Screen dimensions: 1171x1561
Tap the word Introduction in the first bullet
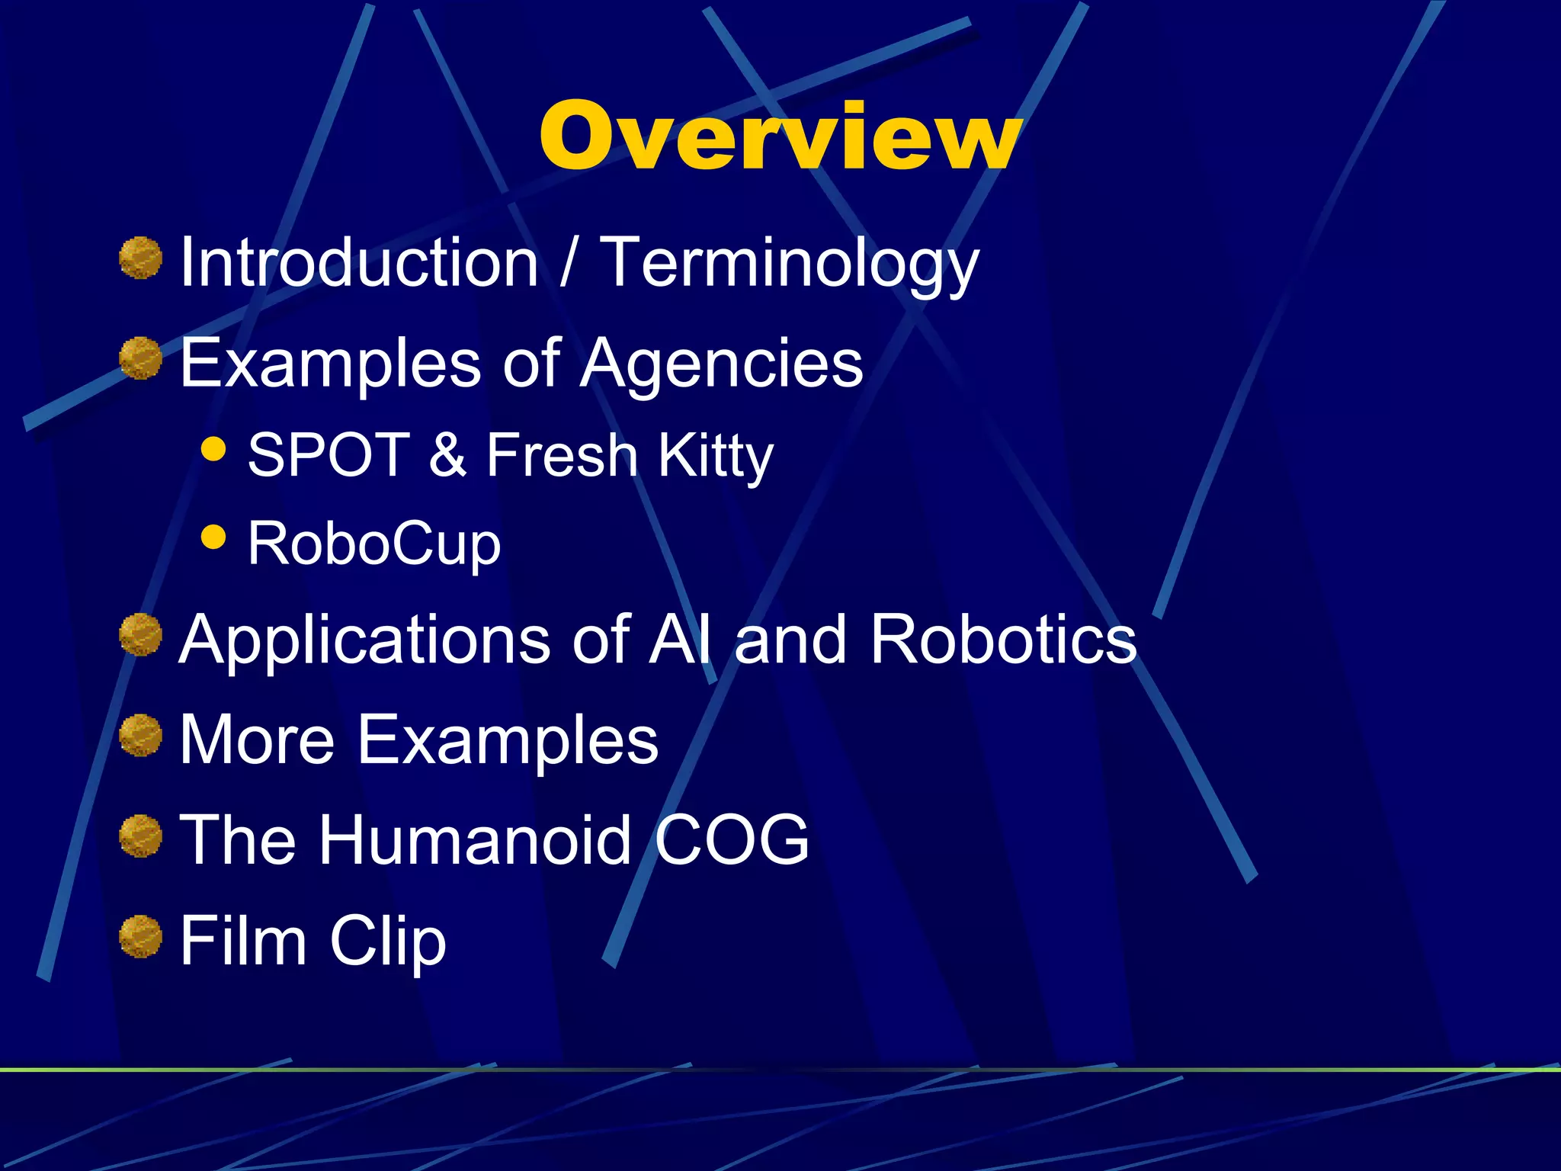tap(359, 262)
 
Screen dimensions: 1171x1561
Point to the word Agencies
tap(721, 364)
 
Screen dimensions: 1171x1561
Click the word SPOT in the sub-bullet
tap(329, 455)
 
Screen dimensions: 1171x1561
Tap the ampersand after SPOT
tap(447, 455)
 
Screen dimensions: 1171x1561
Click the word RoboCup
tap(374, 544)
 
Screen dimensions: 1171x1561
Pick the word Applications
tap(364, 640)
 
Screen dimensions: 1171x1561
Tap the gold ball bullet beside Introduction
tap(141, 258)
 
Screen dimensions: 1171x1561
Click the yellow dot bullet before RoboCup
tap(214, 537)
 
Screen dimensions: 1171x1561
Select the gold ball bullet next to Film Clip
tap(141, 936)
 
